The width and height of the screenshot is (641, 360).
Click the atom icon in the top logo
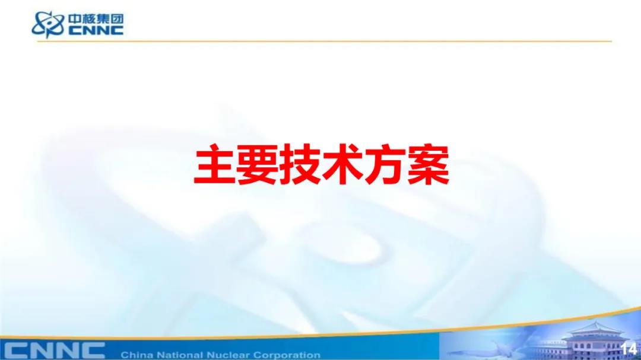click(x=48, y=24)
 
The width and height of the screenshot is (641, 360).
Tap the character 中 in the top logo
click(x=75, y=19)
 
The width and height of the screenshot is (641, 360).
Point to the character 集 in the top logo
click(x=103, y=19)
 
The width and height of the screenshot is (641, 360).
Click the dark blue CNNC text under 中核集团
click(x=96, y=31)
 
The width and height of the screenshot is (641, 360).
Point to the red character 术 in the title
click(x=343, y=165)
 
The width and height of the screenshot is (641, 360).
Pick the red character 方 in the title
click(x=386, y=165)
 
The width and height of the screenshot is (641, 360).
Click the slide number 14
click(x=629, y=349)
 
